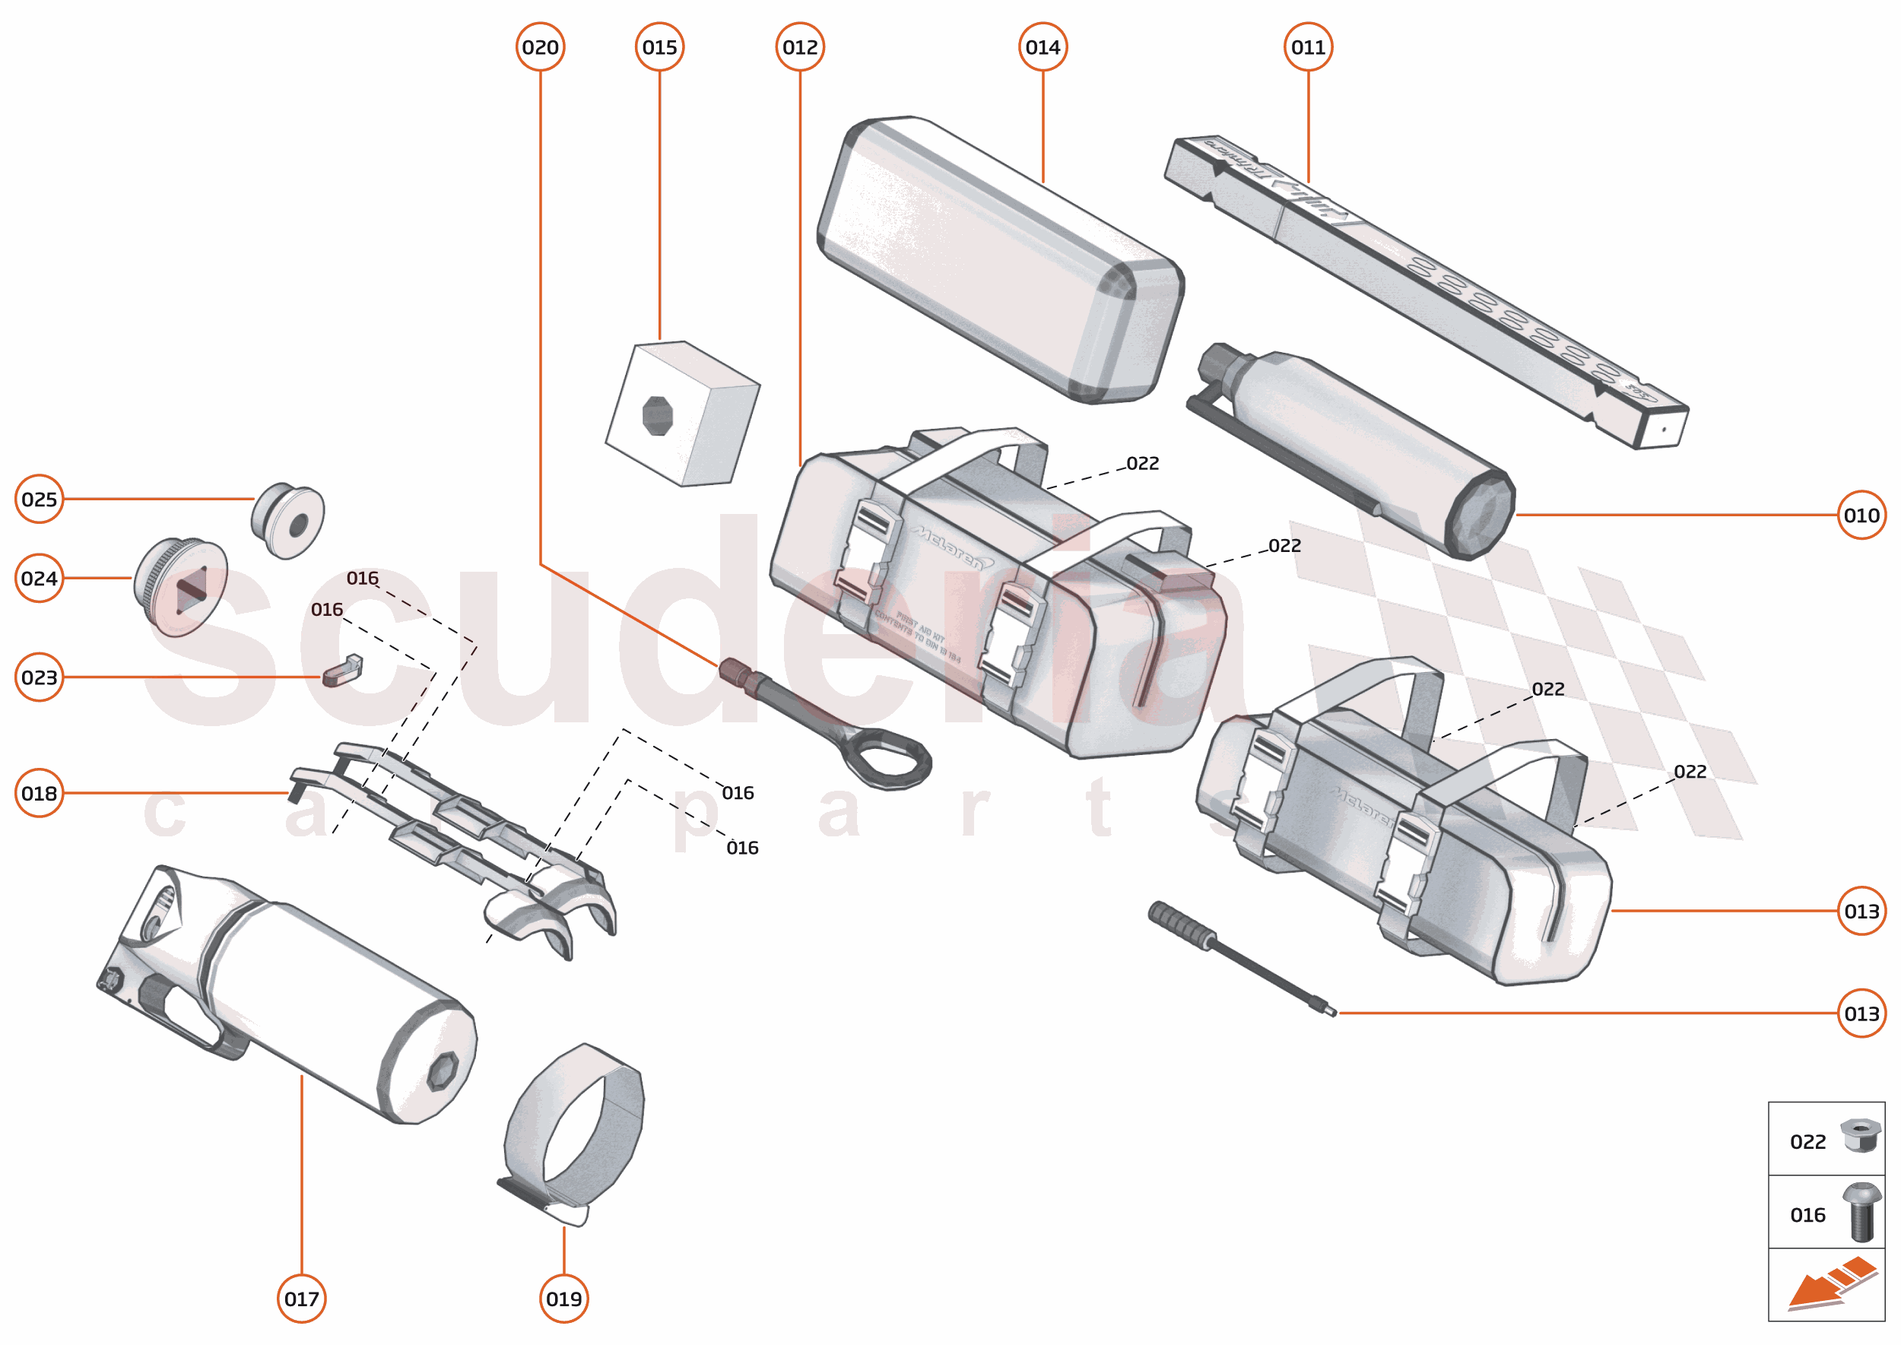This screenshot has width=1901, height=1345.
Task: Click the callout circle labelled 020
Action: pos(540,47)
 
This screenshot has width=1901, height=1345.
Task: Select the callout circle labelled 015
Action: pos(659,47)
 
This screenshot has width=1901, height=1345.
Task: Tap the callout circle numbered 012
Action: pos(799,47)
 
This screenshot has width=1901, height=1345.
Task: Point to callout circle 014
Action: pos(1042,47)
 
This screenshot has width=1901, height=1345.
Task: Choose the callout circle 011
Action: pos(1308,47)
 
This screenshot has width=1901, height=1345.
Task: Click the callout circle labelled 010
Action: pos(1861,515)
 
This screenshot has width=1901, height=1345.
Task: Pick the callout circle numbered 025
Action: pos(39,500)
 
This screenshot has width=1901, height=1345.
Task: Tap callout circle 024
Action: pos(39,578)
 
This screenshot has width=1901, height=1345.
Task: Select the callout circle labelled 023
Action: pos(39,677)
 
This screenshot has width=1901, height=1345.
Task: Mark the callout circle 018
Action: pos(39,794)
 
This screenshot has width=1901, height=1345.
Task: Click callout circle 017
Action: pos(302,1299)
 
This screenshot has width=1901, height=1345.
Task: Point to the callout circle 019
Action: pos(564,1299)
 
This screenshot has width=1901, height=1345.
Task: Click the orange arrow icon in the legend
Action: pos(1830,1284)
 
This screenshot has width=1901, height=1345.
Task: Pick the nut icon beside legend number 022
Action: pos(1861,1135)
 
